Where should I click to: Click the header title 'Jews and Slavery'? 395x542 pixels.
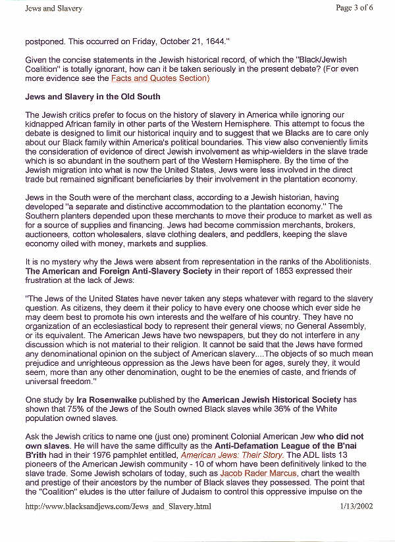tap(53, 9)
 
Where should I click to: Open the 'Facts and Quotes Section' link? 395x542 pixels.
tap(160, 79)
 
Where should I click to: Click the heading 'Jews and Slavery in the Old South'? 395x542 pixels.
tap(92, 97)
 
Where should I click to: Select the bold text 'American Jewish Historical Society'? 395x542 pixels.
tap(271, 400)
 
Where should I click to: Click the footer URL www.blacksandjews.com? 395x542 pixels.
tap(118, 507)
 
